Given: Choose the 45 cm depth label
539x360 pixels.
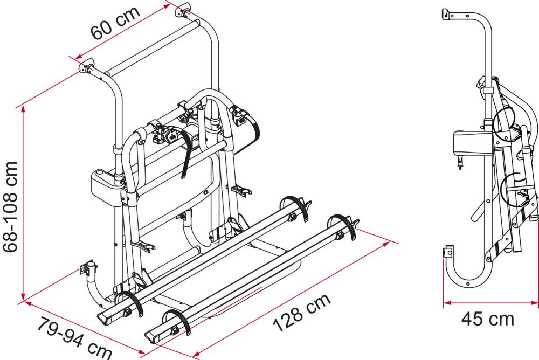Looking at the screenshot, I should point(487,319).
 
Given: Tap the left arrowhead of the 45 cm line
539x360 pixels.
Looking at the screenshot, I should point(446,304).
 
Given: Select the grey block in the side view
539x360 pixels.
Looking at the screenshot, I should point(467,145).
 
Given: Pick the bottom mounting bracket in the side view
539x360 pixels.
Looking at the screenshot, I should point(447,252).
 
